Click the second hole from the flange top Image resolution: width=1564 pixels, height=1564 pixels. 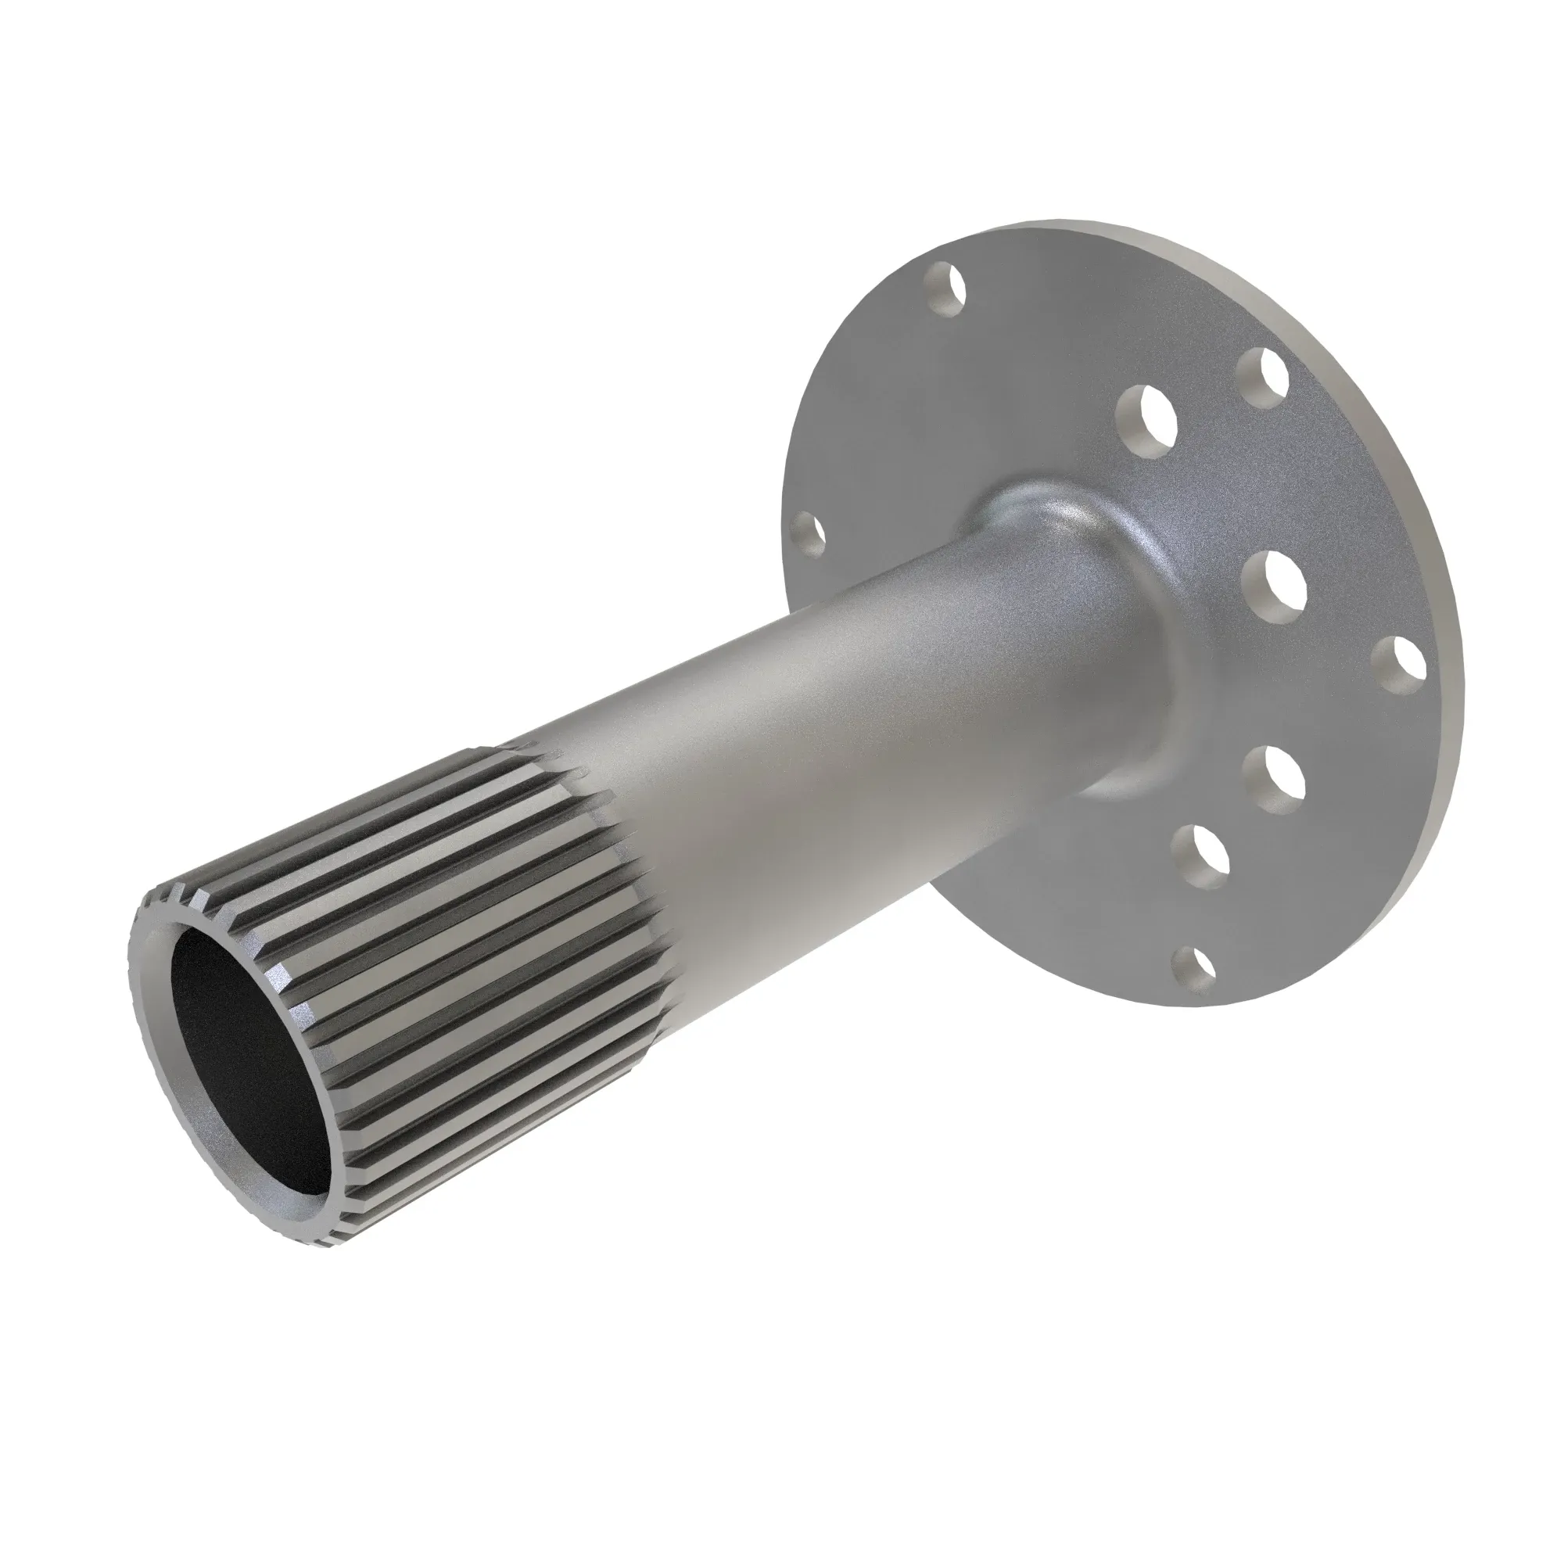coord(1263,376)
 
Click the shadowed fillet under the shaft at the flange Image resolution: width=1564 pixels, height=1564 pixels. coord(1133,777)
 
